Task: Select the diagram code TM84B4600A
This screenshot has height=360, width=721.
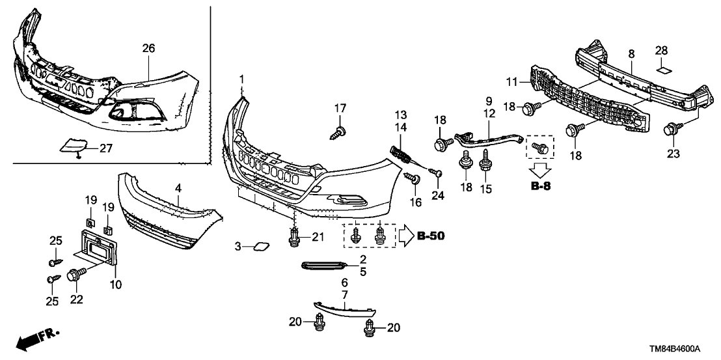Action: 674,348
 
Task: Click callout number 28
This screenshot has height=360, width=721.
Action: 661,51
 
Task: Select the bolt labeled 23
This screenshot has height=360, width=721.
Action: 671,130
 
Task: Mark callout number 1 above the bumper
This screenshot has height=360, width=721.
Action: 241,79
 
